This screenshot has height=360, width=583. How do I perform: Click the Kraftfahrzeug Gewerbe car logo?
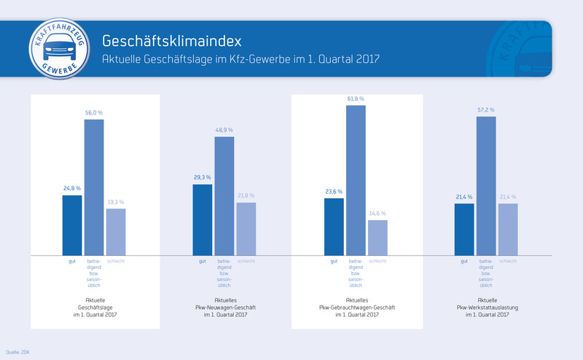click(58, 47)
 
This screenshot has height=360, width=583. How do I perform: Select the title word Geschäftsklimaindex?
click(171, 39)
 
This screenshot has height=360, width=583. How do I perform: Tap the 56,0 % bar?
click(94, 187)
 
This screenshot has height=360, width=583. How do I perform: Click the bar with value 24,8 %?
click(72, 225)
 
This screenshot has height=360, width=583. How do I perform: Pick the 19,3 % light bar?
click(116, 232)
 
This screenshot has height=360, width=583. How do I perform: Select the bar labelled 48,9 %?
click(224, 196)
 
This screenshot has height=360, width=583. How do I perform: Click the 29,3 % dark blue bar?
click(203, 220)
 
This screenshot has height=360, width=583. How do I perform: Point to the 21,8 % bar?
click(246, 229)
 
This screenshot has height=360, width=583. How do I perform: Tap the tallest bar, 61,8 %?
click(356, 180)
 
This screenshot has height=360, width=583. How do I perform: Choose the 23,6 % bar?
click(334, 227)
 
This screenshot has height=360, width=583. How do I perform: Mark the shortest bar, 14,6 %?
click(377, 238)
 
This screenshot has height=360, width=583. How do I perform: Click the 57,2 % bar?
click(486, 186)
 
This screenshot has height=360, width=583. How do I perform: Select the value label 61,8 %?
click(356, 98)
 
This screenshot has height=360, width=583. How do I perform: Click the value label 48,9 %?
click(224, 130)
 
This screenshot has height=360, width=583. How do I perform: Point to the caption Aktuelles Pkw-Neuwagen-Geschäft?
click(225, 307)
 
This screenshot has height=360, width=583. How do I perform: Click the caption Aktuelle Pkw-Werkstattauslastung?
click(486, 307)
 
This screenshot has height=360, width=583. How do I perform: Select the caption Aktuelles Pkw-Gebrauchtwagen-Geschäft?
click(356, 307)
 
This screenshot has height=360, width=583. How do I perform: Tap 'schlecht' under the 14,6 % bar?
click(377, 261)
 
